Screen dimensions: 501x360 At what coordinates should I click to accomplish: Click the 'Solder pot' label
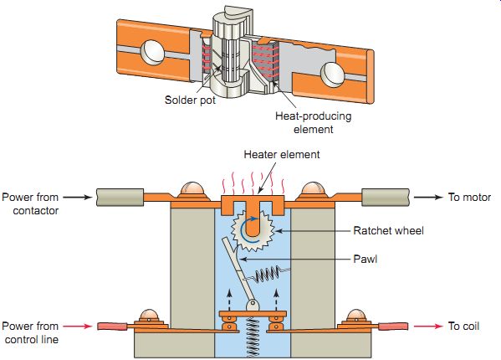click(x=190, y=100)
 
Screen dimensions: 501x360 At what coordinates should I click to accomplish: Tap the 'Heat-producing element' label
click(x=313, y=123)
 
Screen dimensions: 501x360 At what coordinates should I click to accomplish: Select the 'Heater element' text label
click(x=282, y=155)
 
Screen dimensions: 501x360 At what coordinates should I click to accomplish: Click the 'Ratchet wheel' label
click(x=389, y=230)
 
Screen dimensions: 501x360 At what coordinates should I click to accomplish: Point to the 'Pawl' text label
click(x=366, y=259)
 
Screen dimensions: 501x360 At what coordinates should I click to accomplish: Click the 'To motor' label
click(x=469, y=197)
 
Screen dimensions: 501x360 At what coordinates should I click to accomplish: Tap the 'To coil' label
click(x=463, y=327)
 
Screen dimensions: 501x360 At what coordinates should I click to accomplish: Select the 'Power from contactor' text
click(x=30, y=203)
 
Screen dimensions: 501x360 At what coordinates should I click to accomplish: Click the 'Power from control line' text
click(x=30, y=333)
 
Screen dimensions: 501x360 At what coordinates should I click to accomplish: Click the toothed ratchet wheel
click(x=253, y=229)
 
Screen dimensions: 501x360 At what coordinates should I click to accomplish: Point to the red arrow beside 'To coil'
click(x=428, y=327)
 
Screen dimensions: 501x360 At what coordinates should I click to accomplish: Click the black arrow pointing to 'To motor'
click(x=428, y=197)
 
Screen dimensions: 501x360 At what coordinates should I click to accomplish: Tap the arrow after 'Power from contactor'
click(x=78, y=197)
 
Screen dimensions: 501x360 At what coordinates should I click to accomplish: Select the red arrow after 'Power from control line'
click(x=78, y=327)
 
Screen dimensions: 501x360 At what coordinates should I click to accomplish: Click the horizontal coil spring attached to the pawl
click(x=268, y=275)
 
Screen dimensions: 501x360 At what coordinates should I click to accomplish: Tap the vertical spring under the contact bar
click(x=253, y=337)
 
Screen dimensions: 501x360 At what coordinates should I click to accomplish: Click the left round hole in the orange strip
click(x=152, y=52)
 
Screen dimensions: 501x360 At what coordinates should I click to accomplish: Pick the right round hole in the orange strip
click(x=332, y=75)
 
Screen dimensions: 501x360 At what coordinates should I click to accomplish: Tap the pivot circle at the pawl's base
click(x=253, y=305)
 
